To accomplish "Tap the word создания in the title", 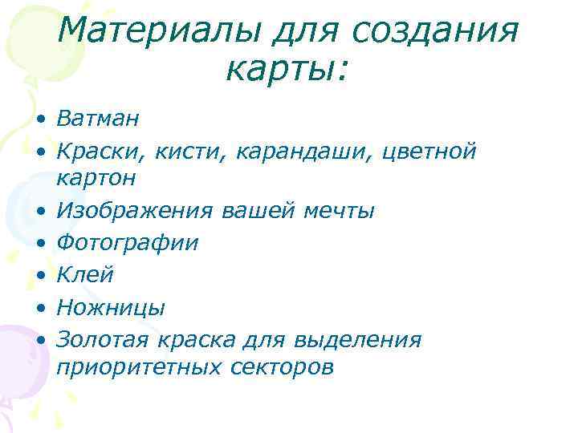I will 436,32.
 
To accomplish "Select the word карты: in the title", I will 288,70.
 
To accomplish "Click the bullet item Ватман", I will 98,119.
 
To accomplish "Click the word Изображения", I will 134,211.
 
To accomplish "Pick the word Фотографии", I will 128,243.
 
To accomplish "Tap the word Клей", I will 85,275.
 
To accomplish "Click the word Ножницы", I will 112,307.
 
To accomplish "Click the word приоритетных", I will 139,368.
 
